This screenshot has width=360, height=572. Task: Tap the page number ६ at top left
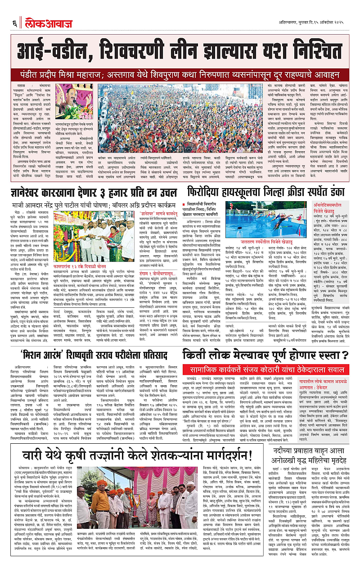14,21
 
